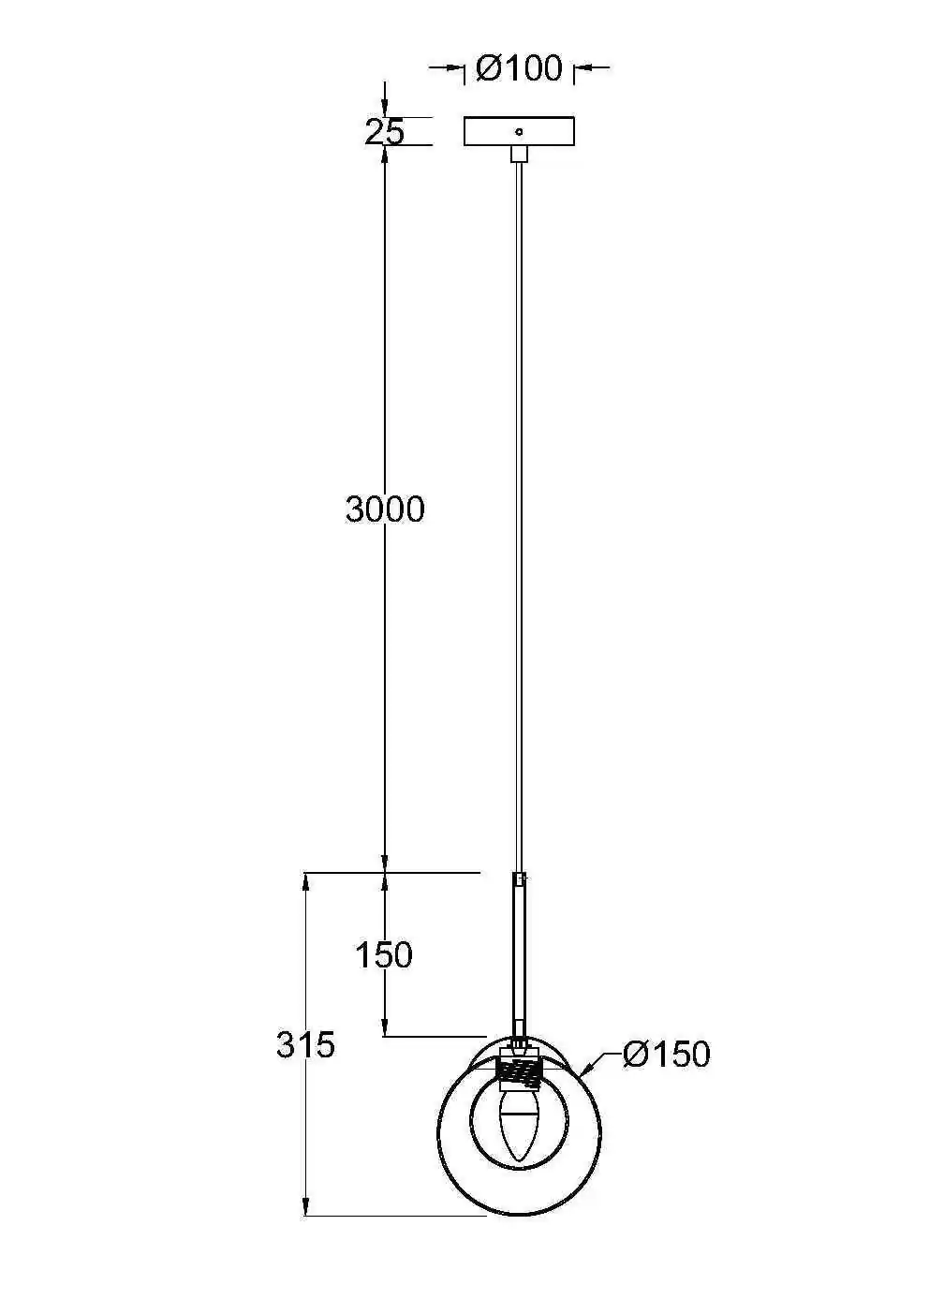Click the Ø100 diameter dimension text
click(x=519, y=68)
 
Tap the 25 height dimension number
click(x=385, y=132)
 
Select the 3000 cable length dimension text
click(x=385, y=509)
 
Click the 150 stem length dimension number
click(x=384, y=955)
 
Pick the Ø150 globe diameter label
click(x=666, y=1054)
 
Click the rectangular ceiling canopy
click(x=519, y=131)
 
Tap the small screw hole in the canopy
click(x=519, y=131)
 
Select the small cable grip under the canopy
click(x=519, y=154)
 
